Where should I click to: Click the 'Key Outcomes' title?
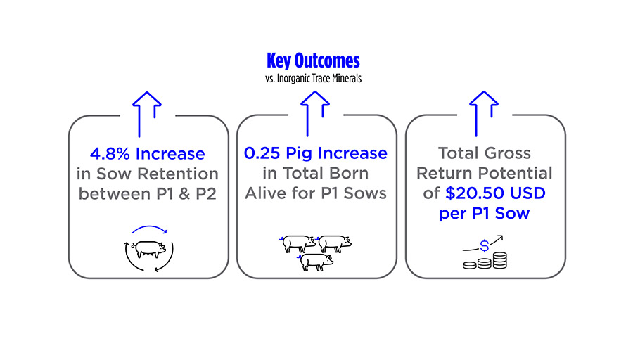(313, 61)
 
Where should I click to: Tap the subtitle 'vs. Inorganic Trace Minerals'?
(313, 78)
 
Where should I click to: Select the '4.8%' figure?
(110, 154)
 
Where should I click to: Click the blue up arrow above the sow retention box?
(147, 114)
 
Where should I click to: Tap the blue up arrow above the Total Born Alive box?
(315, 114)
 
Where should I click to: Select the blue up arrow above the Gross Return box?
(484, 114)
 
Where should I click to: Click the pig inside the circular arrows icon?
(148, 250)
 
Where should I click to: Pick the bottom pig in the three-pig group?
(316, 262)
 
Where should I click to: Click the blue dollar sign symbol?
(485, 245)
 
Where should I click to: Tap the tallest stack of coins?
(500, 260)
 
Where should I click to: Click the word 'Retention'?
(178, 174)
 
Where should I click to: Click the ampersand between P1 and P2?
(184, 194)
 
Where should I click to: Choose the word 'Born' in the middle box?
(348, 173)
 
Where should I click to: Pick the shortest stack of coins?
(470, 265)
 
